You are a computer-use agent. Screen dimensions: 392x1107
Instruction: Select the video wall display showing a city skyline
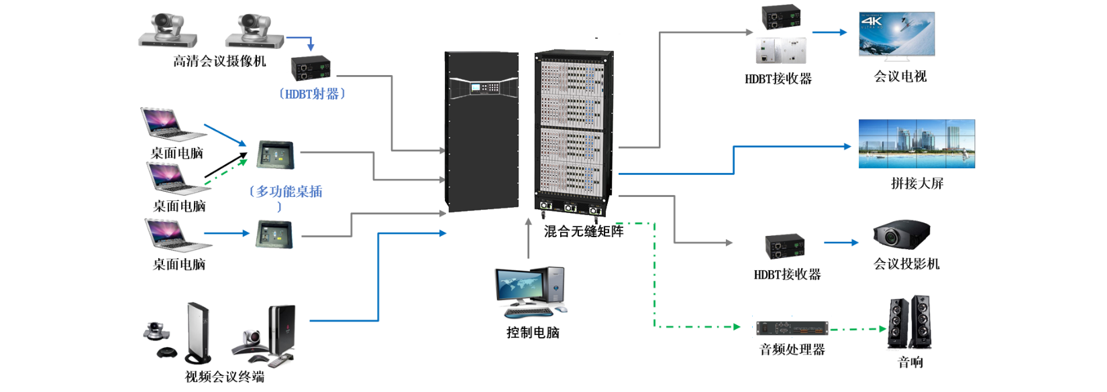916,144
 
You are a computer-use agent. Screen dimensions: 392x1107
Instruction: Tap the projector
900,235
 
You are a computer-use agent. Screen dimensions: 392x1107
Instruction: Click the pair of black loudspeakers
909,322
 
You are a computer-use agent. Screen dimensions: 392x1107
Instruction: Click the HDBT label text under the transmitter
312,94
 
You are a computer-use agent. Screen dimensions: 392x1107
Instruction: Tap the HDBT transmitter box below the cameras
311,68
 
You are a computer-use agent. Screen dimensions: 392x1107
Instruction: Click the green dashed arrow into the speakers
859,329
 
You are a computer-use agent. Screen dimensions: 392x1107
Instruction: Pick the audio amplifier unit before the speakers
792,328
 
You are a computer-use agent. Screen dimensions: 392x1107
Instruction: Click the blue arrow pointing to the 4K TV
830,32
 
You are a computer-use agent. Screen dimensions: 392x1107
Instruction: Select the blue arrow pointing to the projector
841,242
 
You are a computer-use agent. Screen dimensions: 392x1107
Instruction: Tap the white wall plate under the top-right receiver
781,50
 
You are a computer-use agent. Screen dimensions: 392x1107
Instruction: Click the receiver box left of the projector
785,246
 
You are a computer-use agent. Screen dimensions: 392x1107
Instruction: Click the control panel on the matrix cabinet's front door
484,88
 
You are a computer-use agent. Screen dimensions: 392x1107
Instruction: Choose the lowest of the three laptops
176,235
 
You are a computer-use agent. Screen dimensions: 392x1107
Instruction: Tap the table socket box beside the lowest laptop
274,234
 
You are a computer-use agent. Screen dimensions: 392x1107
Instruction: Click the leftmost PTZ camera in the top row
168,31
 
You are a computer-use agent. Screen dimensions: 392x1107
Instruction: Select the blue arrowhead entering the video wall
847,146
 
